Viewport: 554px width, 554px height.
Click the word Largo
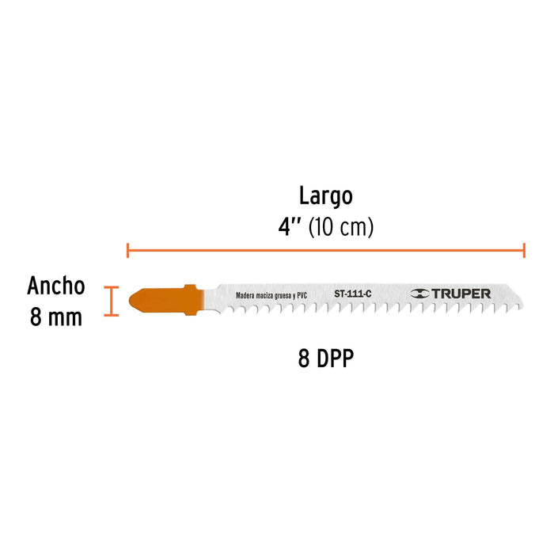(326, 196)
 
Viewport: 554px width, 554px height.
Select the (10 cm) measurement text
(341, 227)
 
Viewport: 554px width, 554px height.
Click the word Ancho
(56, 286)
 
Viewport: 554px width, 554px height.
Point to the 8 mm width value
(56, 317)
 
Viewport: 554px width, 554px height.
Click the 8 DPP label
(326, 359)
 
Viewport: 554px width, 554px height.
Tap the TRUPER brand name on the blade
(461, 294)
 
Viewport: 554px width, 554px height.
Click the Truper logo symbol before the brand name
(419, 294)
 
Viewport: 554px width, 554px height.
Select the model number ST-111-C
(353, 294)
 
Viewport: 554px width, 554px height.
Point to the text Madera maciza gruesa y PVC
(271, 296)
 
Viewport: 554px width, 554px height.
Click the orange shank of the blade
(166, 300)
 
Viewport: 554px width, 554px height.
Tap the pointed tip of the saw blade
(523, 306)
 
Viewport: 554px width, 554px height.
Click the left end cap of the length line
(127, 250)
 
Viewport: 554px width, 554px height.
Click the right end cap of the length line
(524, 250)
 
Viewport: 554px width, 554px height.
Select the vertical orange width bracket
(112, 301)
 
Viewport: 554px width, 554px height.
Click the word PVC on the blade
(302, 296)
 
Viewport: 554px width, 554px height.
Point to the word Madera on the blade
(245, 296)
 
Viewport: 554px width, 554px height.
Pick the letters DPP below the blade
(335, 359)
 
